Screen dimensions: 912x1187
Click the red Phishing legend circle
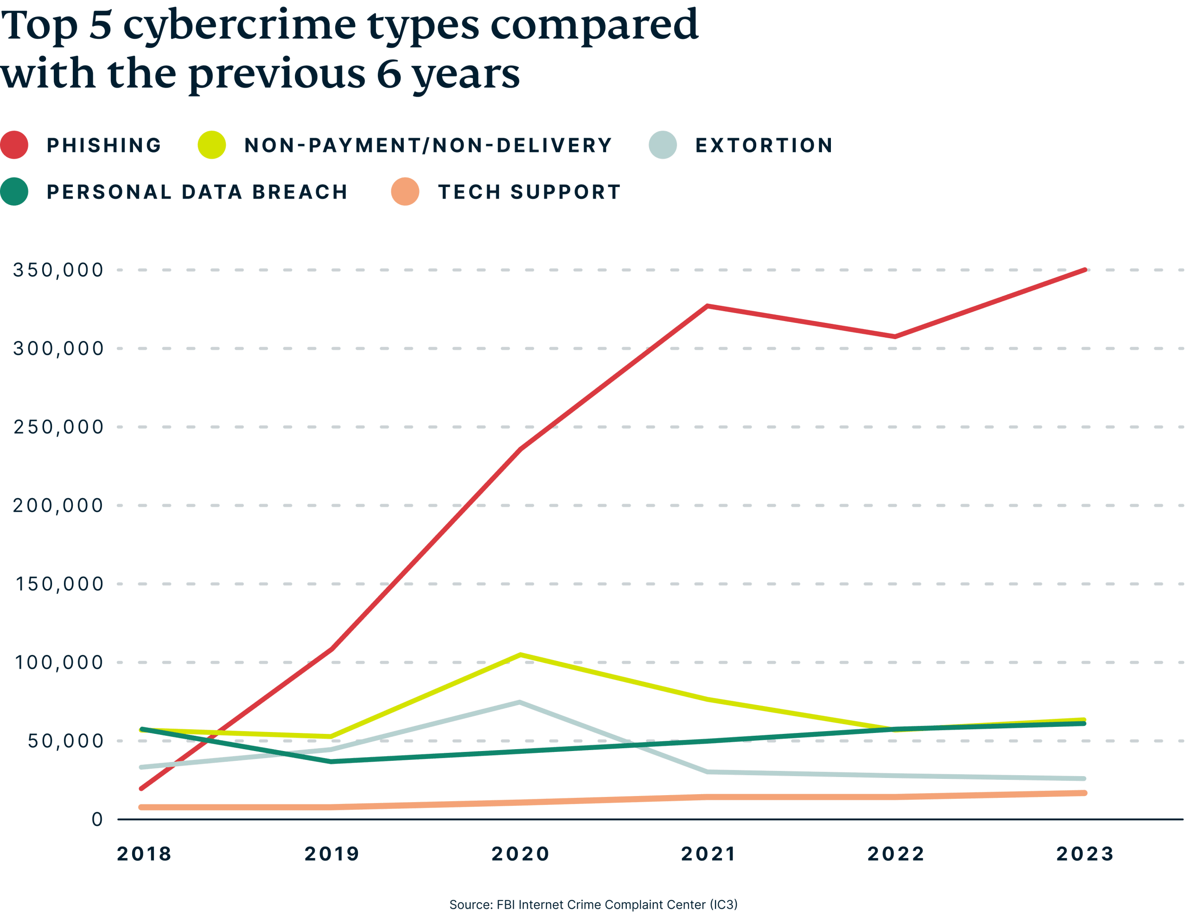15,145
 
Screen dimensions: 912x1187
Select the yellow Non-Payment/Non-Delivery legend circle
211,145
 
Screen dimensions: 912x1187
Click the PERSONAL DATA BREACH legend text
197,192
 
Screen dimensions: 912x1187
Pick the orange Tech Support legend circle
405,192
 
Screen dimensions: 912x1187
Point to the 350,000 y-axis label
58,270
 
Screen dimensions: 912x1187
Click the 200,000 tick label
58,505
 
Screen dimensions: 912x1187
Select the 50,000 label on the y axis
65,741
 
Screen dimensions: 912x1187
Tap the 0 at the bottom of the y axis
97,819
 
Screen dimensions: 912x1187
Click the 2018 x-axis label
144,854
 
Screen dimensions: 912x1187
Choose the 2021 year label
708,854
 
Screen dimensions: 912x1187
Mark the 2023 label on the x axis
1085,854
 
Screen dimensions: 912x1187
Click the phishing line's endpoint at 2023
1085,270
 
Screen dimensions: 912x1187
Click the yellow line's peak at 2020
520,655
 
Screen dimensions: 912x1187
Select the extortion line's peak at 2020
519,702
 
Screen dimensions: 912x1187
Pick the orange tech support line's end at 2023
1084,793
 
